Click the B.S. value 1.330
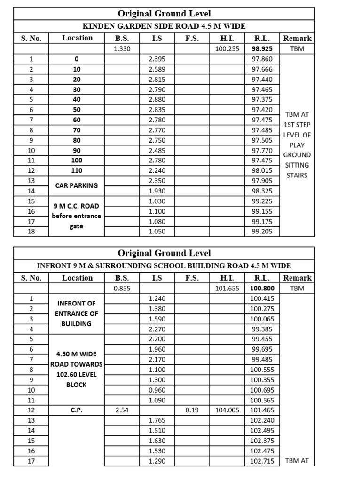point(122,48)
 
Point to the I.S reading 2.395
point(157,59)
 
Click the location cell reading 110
point(76,170)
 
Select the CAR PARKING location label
point(76,185)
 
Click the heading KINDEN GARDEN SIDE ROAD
point(164,26)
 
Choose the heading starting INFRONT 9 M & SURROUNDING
point(164,266)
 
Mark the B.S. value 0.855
point(122,288)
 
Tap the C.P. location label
point(76,410)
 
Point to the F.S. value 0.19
point(192,410)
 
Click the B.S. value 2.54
point(122,410)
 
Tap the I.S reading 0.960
point(157,390)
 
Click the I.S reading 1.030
point(157,201)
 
